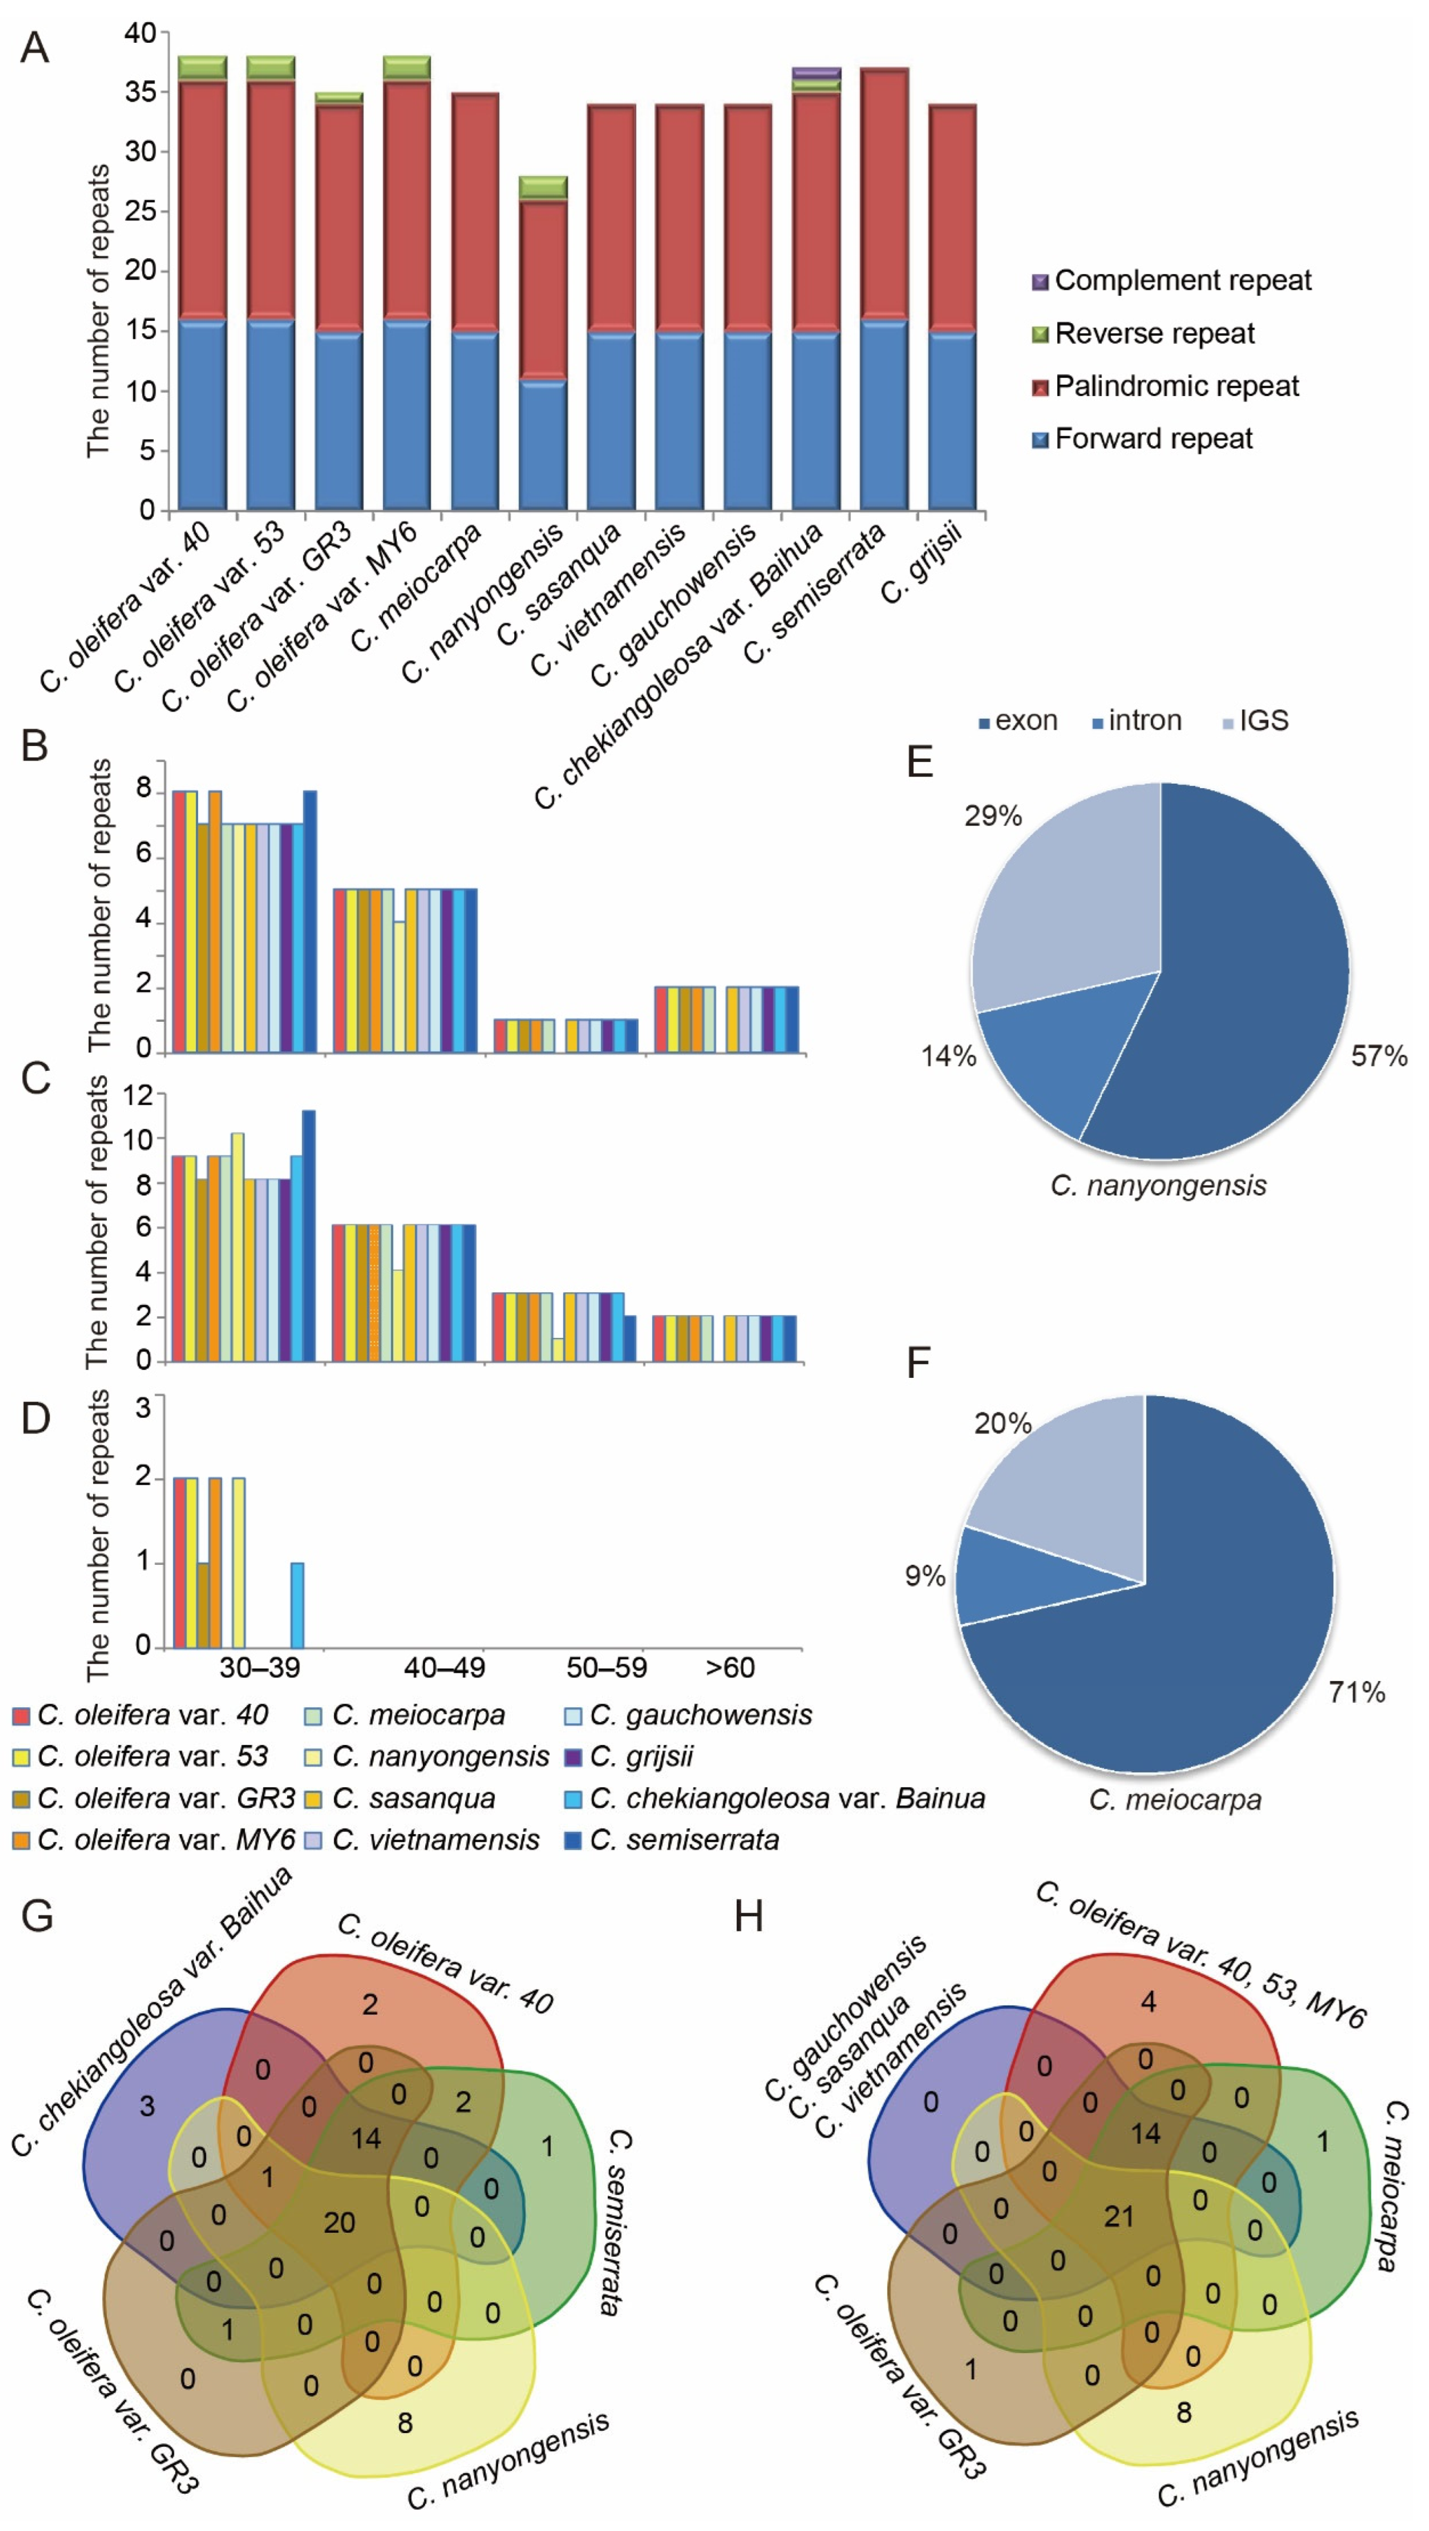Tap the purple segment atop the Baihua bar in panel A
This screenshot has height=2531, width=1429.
tap(816, 73)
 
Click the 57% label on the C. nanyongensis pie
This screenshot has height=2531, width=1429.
tap(1378, 1056)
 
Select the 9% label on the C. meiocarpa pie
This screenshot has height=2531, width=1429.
tap(924, 1576)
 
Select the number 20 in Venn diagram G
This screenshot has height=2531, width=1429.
tap(339, 2222)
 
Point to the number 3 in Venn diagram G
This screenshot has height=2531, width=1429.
tap(146, 2105)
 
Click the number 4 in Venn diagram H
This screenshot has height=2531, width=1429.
tap(1148, 2001)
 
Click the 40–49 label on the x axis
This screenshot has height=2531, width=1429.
tap(444, 1667)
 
